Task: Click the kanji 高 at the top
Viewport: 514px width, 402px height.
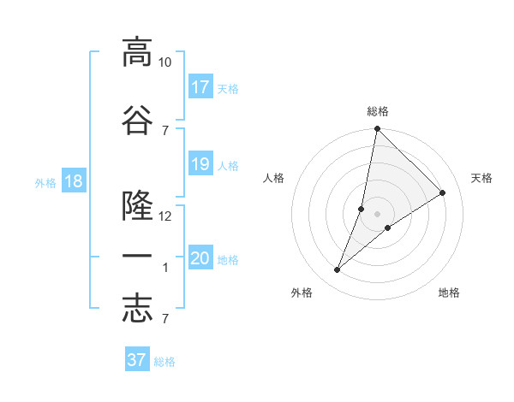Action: [137, 52]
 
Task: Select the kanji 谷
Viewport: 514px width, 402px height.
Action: [137, 120]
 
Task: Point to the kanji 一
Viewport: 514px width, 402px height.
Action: [137, 257]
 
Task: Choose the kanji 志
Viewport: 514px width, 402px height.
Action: [137, 309]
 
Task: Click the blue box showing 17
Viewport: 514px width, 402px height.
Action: [200, 87]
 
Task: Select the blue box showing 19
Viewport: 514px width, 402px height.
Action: [200, 164]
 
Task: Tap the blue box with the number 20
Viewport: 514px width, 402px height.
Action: [200, 259]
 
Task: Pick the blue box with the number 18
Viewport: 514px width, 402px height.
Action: [73, 182]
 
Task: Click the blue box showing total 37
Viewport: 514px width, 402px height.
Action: [136, 360]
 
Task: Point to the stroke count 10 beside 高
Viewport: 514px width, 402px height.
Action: [165, 62]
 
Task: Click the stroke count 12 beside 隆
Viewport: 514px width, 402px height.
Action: [165, 216]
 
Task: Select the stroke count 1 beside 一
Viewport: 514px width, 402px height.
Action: [165, 268]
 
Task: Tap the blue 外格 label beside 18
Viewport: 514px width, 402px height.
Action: [45, 183]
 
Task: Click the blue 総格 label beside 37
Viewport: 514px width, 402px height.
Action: [164, 362]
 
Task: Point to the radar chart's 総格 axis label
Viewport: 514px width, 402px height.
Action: [377, 111]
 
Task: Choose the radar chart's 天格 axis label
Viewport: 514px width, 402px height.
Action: [481, 178]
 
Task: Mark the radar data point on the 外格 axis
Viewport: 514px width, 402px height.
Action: [338, 270]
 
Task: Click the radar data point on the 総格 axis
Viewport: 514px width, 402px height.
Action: [377, 129]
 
